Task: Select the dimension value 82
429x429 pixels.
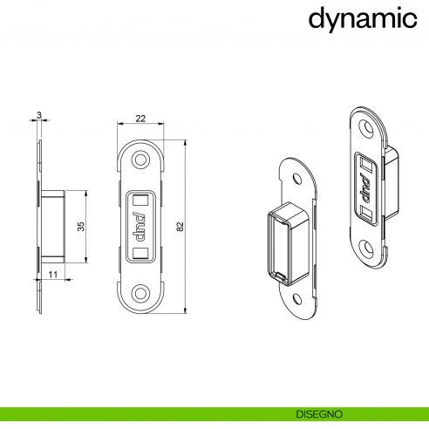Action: [180, 226]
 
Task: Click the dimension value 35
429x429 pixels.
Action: [80, 226]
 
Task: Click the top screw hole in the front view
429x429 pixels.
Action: [140, 162]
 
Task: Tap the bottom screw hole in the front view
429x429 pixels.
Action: [140, 291]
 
